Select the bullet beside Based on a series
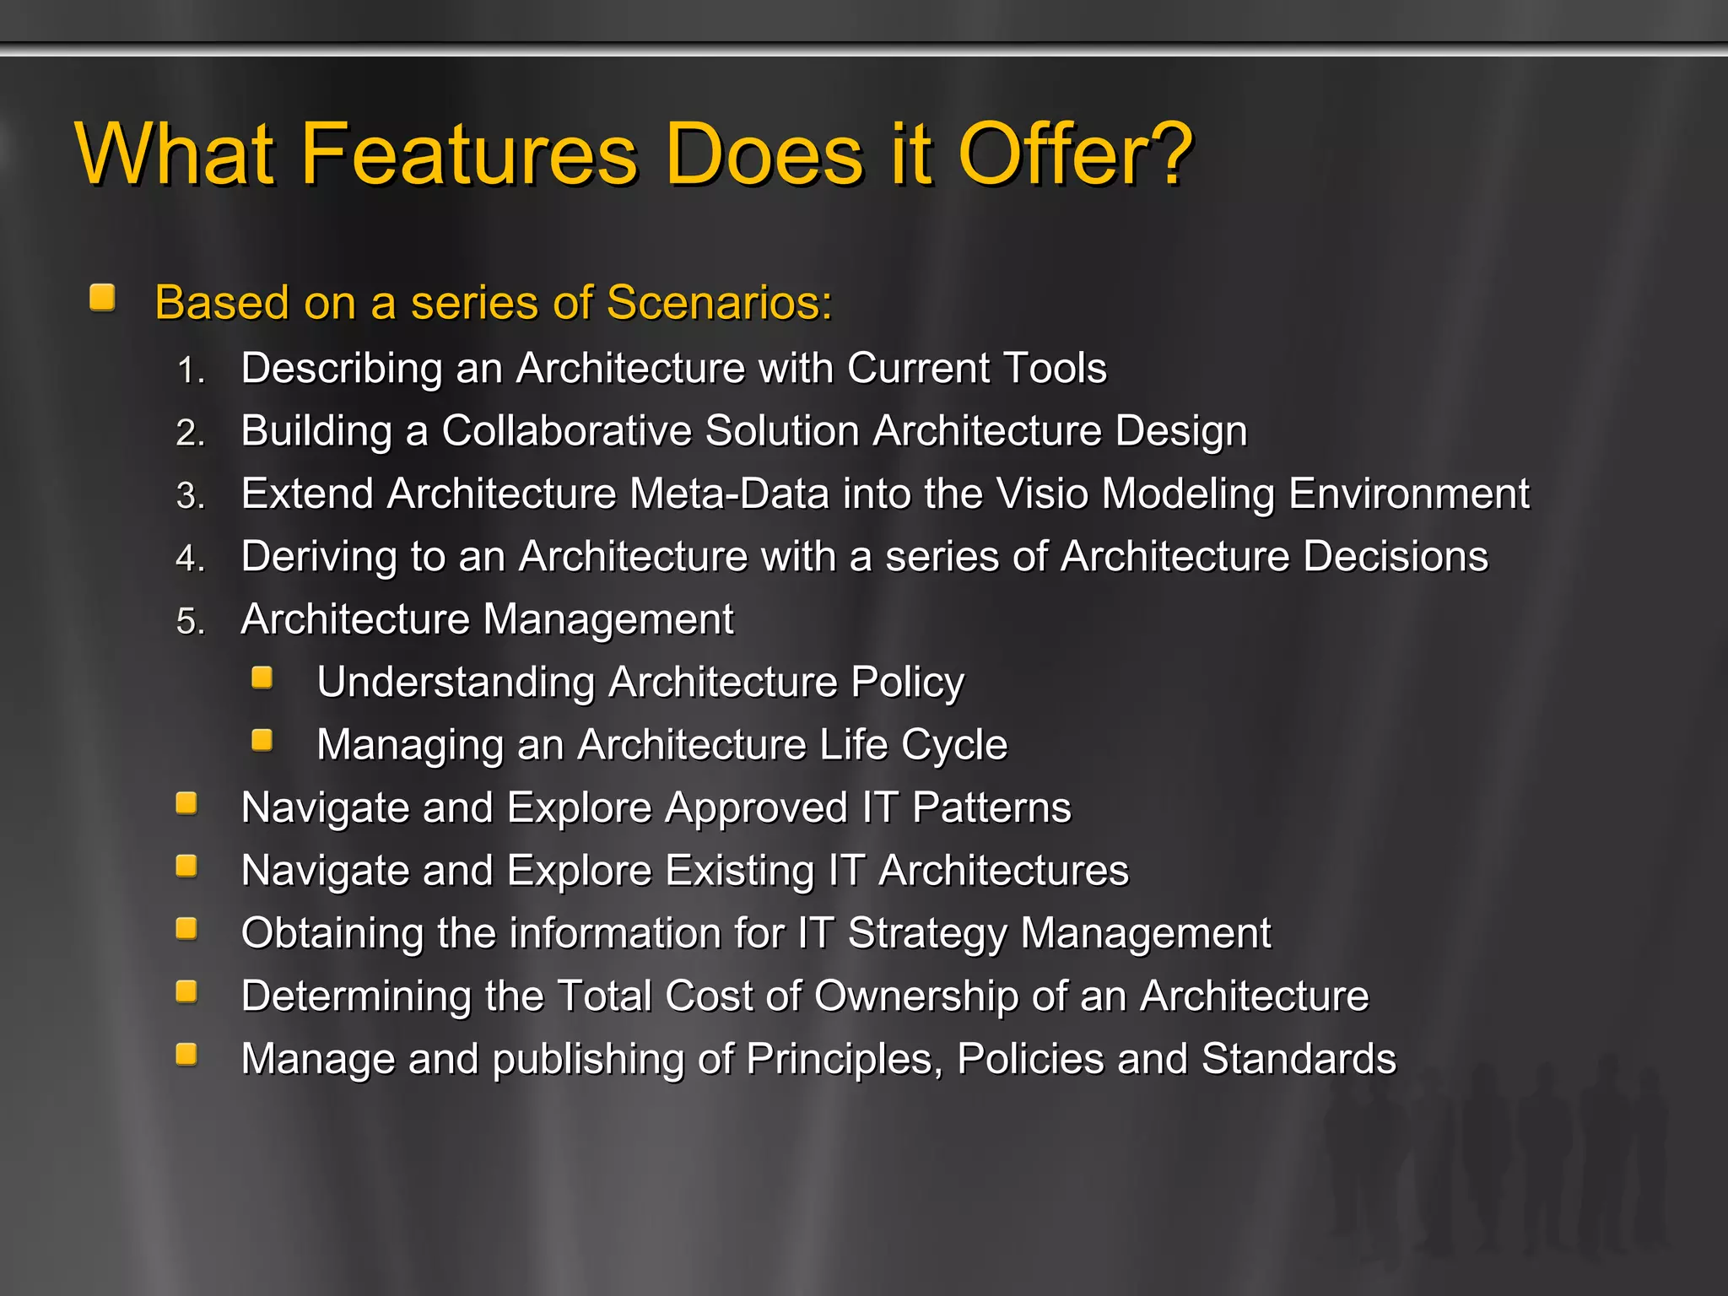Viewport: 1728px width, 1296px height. tap(103, 298)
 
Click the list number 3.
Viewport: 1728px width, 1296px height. tap(191, 496)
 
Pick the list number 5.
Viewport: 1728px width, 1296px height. tap(191, 622)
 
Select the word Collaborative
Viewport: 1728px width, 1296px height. tap(566, 431)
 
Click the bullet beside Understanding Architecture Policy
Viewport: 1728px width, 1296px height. tap(262, 678)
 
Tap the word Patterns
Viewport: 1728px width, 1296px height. tap(991, 807)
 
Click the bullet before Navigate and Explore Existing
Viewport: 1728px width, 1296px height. tap(186, 867)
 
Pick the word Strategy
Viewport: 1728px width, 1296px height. tap(927, 934)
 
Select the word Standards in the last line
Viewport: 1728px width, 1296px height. tap(1299, 1059)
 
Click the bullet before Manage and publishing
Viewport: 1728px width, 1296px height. tap(186, 1055)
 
